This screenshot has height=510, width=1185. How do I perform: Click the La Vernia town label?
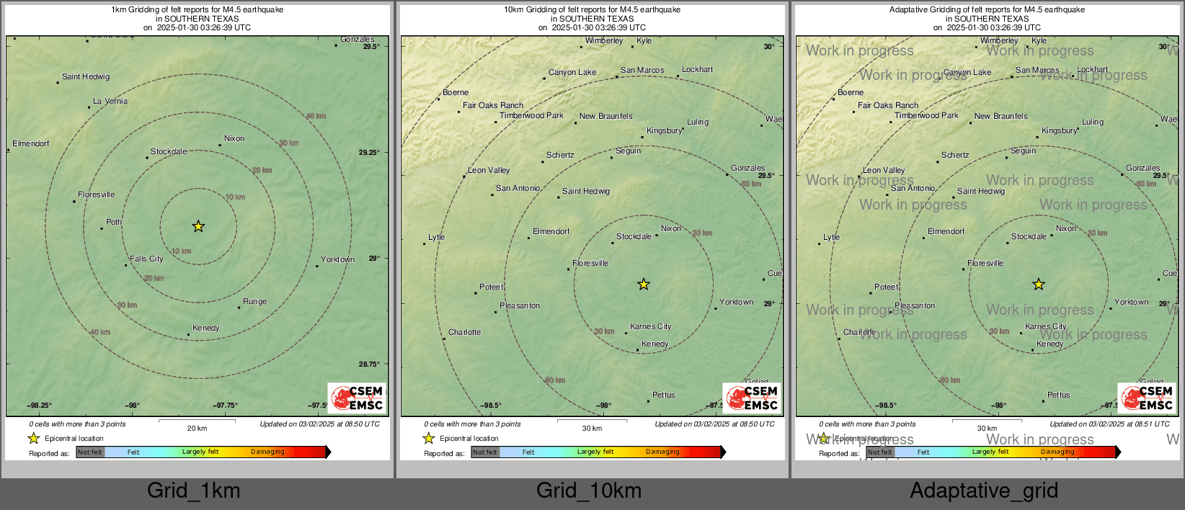[x=110, y=102]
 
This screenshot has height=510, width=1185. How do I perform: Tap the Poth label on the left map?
[x=114, y=222]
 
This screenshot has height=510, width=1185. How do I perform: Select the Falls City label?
[x=146, y=259]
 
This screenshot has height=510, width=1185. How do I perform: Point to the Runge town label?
[x=254, y=301]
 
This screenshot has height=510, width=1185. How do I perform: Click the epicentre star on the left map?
[x=198, y=226]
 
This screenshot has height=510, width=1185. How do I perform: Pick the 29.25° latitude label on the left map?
[x=369, y=152]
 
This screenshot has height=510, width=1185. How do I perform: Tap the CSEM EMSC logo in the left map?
[x=357, y=398]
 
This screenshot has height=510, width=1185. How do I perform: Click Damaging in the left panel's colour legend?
[x=267, y=452]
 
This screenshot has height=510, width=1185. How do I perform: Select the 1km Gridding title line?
[x=197, y=10]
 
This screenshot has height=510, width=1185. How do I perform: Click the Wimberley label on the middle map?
[x=604, y=40]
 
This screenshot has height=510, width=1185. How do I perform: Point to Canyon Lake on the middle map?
[x=572, y=72]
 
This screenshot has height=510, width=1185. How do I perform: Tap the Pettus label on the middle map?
[x=664, y=395]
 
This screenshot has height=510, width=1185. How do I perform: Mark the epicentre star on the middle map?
[x=644, y=285]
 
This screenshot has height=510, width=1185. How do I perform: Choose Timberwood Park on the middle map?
[x=531, y=115]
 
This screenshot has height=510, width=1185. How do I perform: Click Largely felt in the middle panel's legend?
[x=595, y=452]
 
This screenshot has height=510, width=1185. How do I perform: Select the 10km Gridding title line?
[x=592, y=10]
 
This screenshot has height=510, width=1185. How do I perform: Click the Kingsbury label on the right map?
[x=1059, y=130]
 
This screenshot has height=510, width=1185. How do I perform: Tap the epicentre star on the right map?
[x=1039, y=285]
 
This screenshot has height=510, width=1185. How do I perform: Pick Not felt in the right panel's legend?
[x=879, y=452]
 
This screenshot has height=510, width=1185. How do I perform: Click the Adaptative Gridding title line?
[x=987, y=10]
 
